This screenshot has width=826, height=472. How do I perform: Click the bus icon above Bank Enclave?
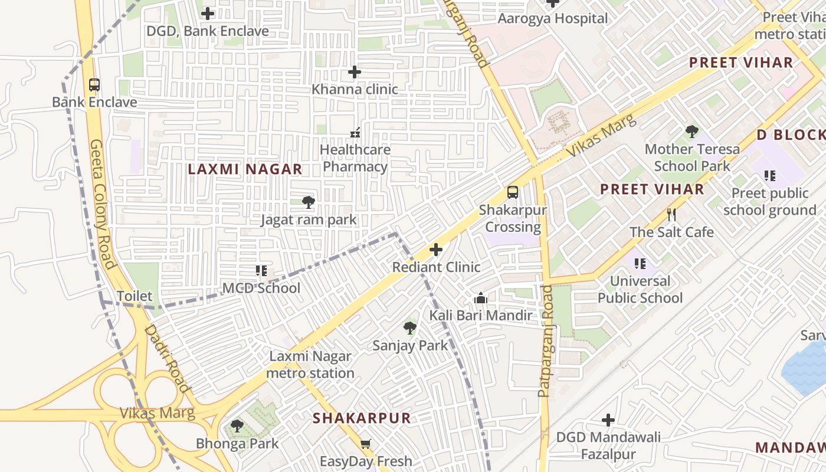tap(94, 84)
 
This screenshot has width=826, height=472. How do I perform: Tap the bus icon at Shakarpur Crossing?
tap(513, 192)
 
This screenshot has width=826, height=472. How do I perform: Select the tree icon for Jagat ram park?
tap(308, 203)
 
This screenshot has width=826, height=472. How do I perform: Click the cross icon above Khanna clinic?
tap(354, 72)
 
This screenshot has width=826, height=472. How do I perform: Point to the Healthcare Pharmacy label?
tap(355, 158)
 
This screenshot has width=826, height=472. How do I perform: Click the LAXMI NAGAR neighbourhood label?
tap(245, 169)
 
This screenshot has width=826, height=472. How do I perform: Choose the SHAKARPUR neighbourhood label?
tap(361, 418)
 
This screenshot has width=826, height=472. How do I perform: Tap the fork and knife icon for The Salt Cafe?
tap(671, 215)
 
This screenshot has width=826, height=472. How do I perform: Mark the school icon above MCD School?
tap(261, 271)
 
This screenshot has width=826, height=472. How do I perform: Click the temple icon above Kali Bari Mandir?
tap(481, 298)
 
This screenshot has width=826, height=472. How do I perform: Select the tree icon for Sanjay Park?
tap(410, 328)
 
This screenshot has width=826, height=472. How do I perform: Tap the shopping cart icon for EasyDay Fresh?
tap(366, 444)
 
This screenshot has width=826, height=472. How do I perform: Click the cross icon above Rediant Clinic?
tap(436, 250)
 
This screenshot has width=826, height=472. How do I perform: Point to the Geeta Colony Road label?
tap(102, 204)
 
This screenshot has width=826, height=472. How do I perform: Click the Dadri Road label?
tap(167, 358)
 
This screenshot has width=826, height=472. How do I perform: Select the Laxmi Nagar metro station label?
tap(310, 365)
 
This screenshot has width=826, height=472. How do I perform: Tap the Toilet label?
tap(135, 296)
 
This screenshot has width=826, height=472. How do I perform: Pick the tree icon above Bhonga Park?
tap(237, 425)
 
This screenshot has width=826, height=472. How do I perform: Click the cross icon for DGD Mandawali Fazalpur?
tap(608, 420)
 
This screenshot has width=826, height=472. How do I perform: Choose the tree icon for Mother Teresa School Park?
tap(692, 132)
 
